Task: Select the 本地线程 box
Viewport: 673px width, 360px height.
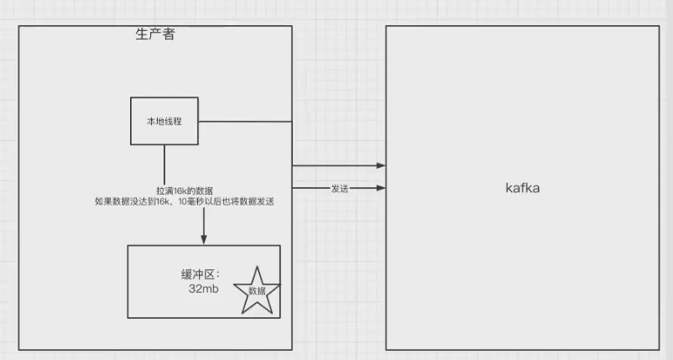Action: [x=164, y=122]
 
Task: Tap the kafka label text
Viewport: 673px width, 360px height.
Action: [x=522, y=188]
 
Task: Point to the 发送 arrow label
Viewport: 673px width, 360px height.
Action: [x=340, y=189]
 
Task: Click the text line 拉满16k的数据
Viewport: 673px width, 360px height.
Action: [x=185, y=191]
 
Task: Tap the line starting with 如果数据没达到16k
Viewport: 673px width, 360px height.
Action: [x=185, y=202]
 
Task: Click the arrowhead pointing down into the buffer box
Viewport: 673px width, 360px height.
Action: [x=204, y=240]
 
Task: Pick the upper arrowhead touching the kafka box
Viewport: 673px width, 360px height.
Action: [x=381, y=166]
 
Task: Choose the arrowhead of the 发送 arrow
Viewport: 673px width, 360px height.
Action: [x=381, y=189]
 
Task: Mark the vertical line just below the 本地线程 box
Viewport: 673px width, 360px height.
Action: [x=164, y=164]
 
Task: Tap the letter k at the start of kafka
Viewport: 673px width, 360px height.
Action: [x=509, y=188]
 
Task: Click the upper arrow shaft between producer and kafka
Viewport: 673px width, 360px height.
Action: [x=336, y=166]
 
